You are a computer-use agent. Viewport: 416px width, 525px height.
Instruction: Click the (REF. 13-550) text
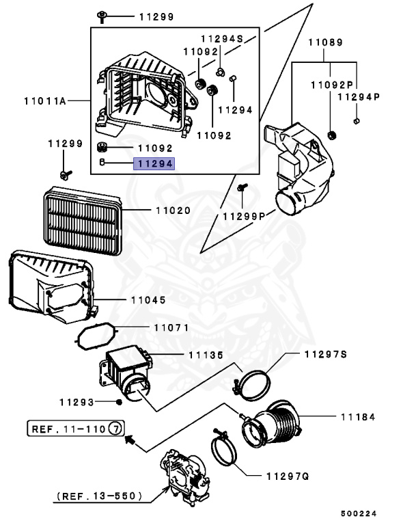98,496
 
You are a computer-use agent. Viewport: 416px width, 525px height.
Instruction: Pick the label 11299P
244,216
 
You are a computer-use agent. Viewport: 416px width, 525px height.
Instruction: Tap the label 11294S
222,40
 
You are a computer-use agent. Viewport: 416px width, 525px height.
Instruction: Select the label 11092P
331,85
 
